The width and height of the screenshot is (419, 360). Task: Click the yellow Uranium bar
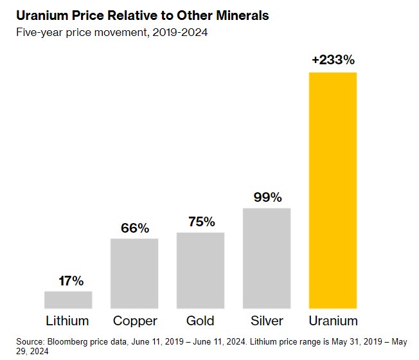click(x=333, y=191)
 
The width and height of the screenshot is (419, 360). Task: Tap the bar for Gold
click(x=201, y=271)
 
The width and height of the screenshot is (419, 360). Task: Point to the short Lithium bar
click(x=68, y=300)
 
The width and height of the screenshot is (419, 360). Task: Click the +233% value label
click(x=333, y=60)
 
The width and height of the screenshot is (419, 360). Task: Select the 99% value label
click(x=267, y=197)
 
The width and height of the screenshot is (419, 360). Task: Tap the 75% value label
click(x=201, y=222)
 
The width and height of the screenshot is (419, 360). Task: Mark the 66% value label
click(x=134, y=228)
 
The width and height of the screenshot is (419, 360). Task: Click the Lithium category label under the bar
click(x=67, y=320)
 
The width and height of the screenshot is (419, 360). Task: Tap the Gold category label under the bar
click(x=201, y=320)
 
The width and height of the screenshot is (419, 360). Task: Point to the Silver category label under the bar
click(x=267, y=320)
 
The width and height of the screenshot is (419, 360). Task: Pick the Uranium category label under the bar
click(x=333, y=320)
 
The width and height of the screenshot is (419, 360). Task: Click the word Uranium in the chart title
click(x=40, y=15)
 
